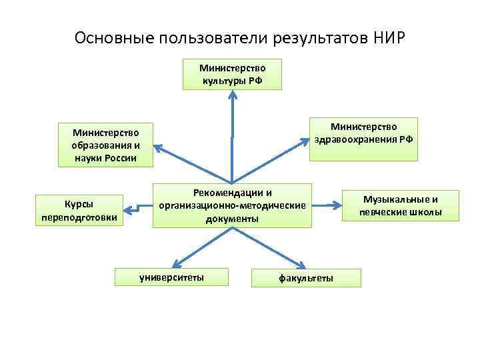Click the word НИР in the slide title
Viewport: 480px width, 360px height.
[x=387, y=36]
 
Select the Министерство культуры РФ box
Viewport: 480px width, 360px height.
[x=232, y=74]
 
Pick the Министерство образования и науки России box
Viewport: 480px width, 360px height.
[x=105, y=145]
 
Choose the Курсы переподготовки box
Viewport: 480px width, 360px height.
[x=79, y=210]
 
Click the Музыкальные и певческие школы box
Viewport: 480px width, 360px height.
[x=401, y=205]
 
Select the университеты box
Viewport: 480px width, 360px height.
[x=171, y=277]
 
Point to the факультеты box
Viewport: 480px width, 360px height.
[x=306, y=277]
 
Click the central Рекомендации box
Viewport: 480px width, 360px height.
[x=232, y=205]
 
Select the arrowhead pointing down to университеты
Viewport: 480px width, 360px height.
[x=173, y=263]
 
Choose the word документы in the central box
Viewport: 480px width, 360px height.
[x=232, y=219]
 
